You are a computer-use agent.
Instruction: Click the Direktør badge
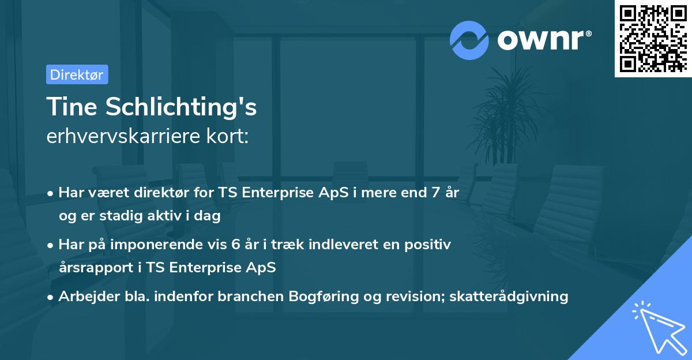click(77, 74)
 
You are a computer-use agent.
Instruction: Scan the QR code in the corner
click(652, 39)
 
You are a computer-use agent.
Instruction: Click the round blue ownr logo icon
click(469, 40)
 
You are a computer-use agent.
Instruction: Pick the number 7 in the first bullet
click(427, 193)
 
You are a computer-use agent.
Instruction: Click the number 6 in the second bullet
click(235, 245)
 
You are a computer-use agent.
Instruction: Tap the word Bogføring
click(332, 297)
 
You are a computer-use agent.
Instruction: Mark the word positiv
click(428, 245)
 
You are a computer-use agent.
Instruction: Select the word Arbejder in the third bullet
click(84, 297)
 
